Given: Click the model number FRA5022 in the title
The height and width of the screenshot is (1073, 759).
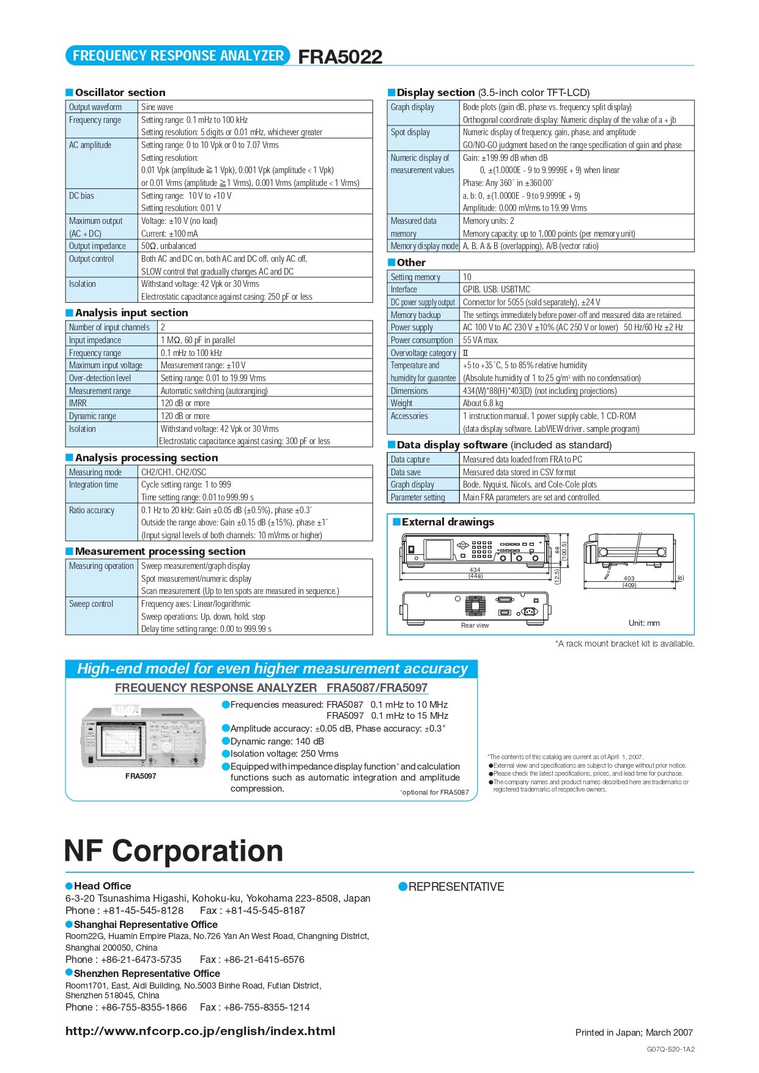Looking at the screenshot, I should click(x=340, y=57).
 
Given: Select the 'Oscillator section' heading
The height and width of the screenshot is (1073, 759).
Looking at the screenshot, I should click(x=120, y=92).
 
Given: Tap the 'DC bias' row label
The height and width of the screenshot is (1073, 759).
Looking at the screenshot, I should click(x=81, y=196).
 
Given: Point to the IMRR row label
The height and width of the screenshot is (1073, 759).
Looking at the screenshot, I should click(x=78, y=403).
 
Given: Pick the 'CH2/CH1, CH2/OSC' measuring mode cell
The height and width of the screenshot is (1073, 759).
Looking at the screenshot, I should click(x=174, y=472).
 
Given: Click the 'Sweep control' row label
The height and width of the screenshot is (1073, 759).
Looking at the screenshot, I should click(x=91, y=604).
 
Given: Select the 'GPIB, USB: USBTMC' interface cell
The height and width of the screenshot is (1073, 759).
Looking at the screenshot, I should click(x=497, y=289).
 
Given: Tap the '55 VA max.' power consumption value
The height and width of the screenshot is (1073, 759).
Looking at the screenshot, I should click(x=481, y=340).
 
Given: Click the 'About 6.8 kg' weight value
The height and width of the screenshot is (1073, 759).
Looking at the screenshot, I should click(x=483, y=403).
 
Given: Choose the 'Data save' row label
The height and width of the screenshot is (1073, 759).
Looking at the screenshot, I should click(x=405, y=472).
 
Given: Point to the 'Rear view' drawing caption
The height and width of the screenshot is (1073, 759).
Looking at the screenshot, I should click(x=475, y=625).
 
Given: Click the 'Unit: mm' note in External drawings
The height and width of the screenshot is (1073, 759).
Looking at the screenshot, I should click(x=644, y=623).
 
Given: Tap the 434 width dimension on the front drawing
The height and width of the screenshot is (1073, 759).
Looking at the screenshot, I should click(x=475, y=570).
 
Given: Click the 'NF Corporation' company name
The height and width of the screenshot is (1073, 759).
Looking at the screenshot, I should click(x=174, y=850).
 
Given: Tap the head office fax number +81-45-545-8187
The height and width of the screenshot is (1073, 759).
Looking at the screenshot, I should click(x=265, y=910).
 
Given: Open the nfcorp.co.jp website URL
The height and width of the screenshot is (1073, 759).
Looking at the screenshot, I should click(x=200, y=1031).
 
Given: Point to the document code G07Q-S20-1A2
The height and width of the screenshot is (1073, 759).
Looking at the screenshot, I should click(x=670, y=1049).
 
